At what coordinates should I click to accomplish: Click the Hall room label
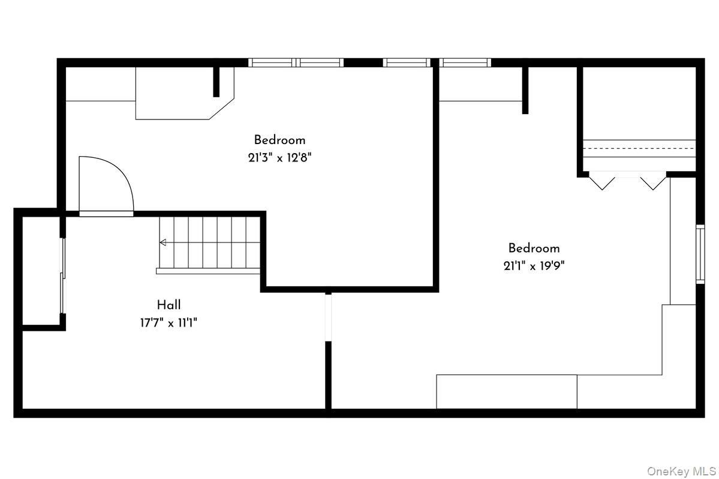click(169, 305)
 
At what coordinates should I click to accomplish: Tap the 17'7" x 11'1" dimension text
click(169, 323)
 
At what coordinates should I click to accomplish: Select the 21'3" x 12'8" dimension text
click(279, 158)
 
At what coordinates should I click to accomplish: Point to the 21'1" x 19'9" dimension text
click(534, 266)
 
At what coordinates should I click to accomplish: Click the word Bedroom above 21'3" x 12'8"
click(279, 140)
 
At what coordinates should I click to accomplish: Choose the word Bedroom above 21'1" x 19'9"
click(534, 249)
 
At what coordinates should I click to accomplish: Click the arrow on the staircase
click(163, 243)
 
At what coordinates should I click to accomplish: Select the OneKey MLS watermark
click(681, 471)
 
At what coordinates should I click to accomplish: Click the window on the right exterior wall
click(700, 254)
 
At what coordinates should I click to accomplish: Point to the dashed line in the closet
click(639, 149)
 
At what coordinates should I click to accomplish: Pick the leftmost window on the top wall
click(272, 62)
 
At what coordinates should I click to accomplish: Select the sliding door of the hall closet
click(63, 276)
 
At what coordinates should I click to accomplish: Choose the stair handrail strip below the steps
click(208, 271)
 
